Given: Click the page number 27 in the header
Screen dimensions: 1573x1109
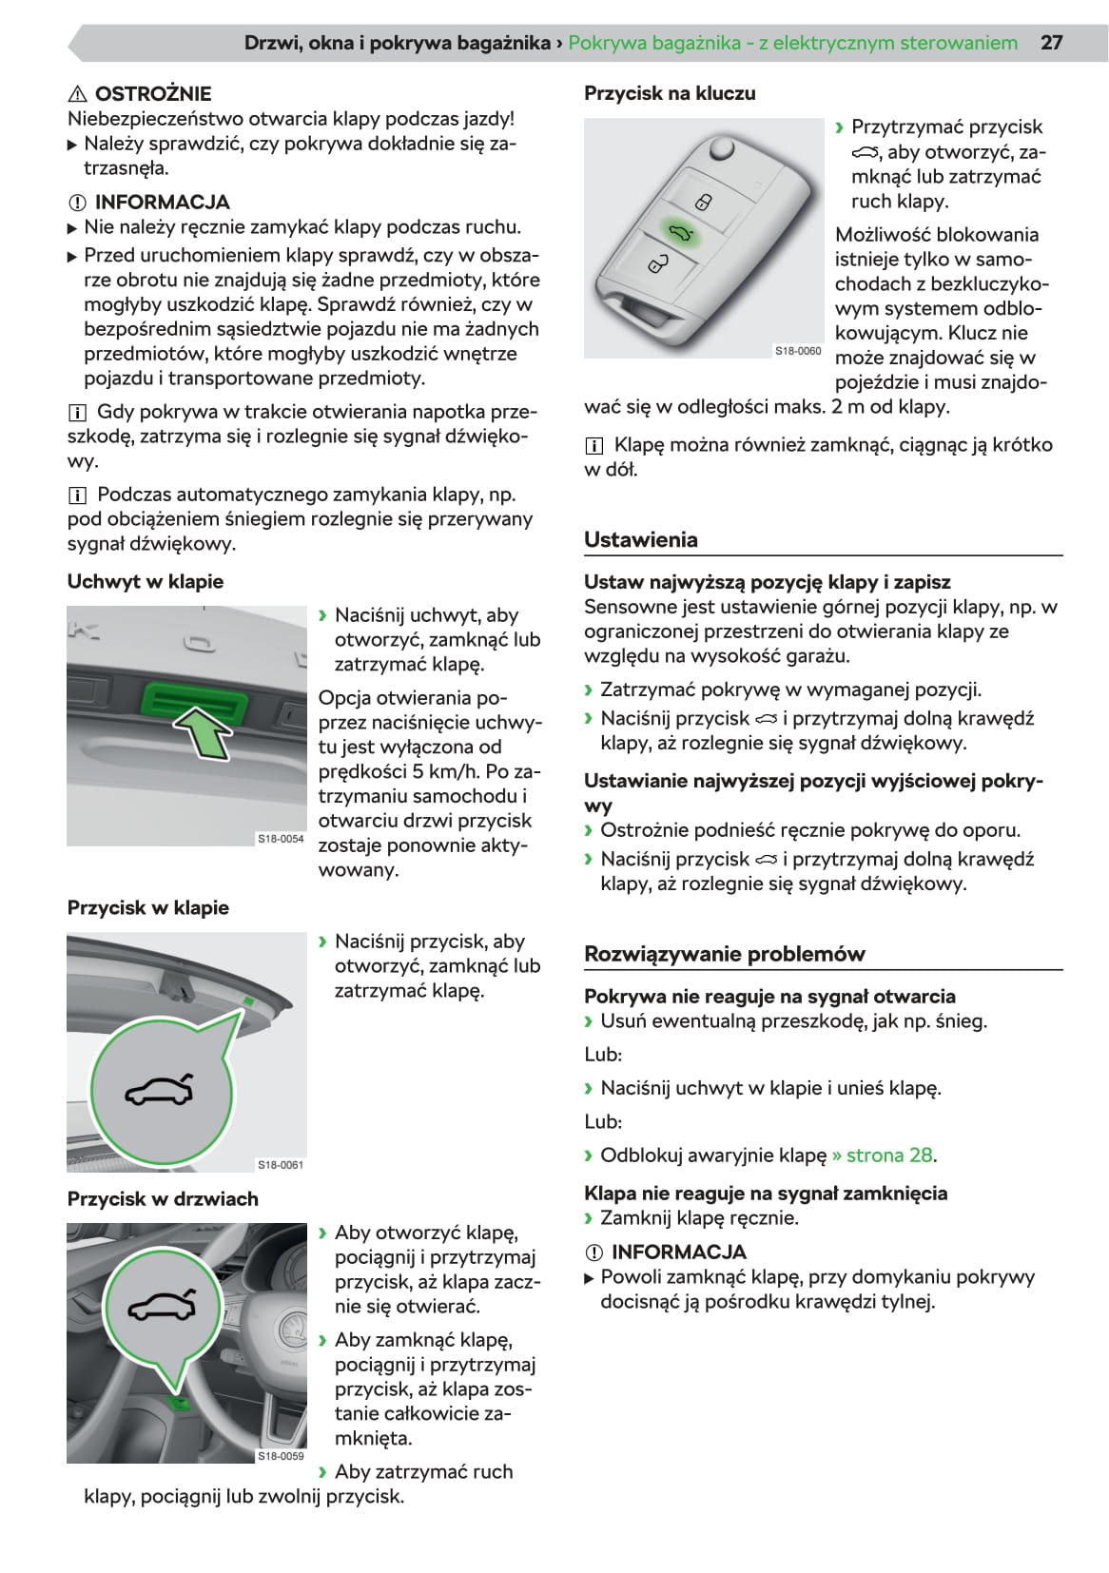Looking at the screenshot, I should pyautogui.click(x=1051, y=43).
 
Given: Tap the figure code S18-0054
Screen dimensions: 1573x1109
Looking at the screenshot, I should pyautogui.click(x=281, y=839).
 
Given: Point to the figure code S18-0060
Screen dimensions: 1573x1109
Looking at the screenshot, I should pyautogui.click(x=798, y=351).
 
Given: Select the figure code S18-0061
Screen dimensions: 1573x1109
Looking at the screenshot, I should pyautogui.click(x=281, y=1165).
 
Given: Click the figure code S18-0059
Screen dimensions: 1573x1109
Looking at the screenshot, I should pyautogui.click(x=281, y=1456).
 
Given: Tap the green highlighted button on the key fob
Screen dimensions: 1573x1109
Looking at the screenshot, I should pyautogui.click(x=680, y=234).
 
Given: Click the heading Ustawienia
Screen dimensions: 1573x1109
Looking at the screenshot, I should pyautogui.click(x=641, y=539).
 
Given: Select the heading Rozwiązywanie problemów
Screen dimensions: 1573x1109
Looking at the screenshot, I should pyautogui.click(x=725, y=954).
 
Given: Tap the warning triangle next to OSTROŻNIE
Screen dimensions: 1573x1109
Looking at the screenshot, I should pyautogui.click(x=78, y=94).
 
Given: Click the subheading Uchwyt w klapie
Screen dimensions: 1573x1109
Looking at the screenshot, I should pyautogui.click(x=146, y=581).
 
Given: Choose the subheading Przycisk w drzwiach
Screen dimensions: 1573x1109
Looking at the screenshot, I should pyautogui.click(x=163, y=1198).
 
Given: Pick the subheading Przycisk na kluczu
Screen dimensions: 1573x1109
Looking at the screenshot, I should pyautogui.click(x=670, y=93).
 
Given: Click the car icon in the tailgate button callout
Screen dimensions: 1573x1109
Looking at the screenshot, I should pyautogui.click(x=160, y=1091).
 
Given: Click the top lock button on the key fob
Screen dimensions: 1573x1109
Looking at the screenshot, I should pyautogui.click(x=702, y=202).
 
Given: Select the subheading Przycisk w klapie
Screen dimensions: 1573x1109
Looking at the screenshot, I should pyautogui.click(x=148, y=907).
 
